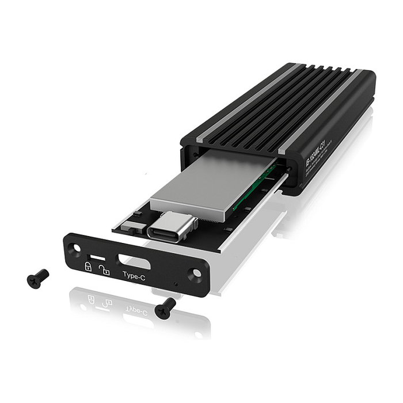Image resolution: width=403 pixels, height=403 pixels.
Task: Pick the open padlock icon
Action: point(104,269)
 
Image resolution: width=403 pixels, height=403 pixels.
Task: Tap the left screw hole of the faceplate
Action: point(75,248)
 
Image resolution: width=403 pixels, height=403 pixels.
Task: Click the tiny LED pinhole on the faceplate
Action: point(176,284)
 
